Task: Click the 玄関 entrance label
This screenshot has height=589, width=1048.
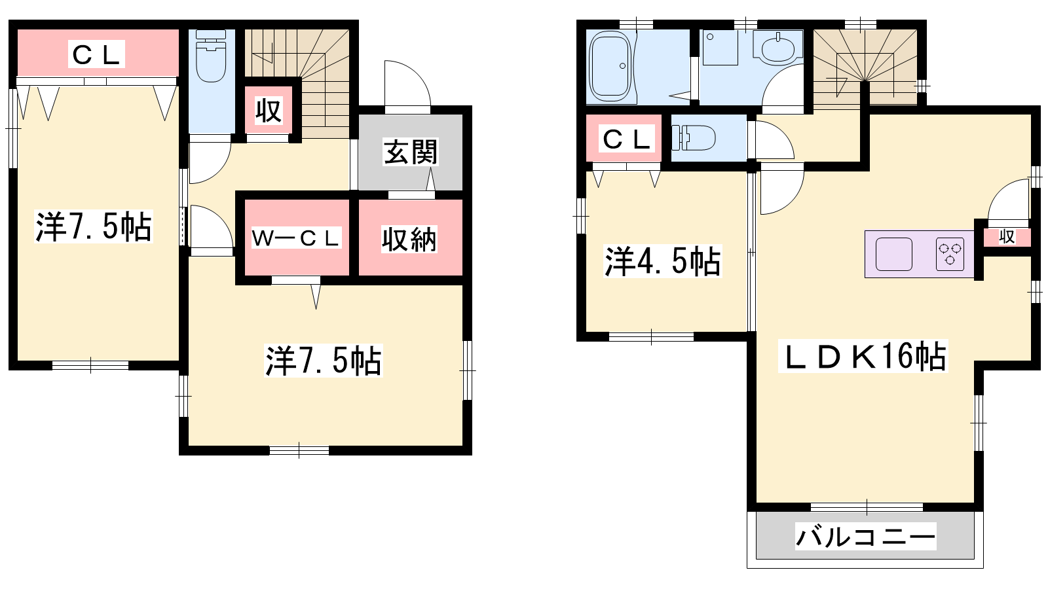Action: (410, 152)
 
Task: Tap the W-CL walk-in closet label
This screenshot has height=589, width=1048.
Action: (296, 238)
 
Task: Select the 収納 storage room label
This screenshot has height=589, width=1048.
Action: (409, 240)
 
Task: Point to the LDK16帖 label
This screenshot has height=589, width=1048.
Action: (863, 356)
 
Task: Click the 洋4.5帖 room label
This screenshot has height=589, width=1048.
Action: (662, 261)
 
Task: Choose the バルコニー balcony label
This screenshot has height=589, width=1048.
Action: (866, 536)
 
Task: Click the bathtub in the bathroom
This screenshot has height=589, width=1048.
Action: (610, 66)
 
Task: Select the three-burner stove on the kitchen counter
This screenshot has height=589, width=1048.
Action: (950, 254)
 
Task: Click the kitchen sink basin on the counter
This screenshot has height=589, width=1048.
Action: (893, 254)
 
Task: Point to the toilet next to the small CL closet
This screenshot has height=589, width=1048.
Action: (694, 138)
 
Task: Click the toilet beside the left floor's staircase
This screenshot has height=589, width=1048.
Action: (211, 56)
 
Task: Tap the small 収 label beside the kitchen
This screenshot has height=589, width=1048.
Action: (1007, 236)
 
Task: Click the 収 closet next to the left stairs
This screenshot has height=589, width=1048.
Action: (269, 111)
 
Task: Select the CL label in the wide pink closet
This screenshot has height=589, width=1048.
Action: (96, 54)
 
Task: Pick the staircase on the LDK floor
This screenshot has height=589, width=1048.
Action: (865, 67)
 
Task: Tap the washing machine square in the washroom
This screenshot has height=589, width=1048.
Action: (720, 48)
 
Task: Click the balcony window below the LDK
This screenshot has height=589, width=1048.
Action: (867, 507)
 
